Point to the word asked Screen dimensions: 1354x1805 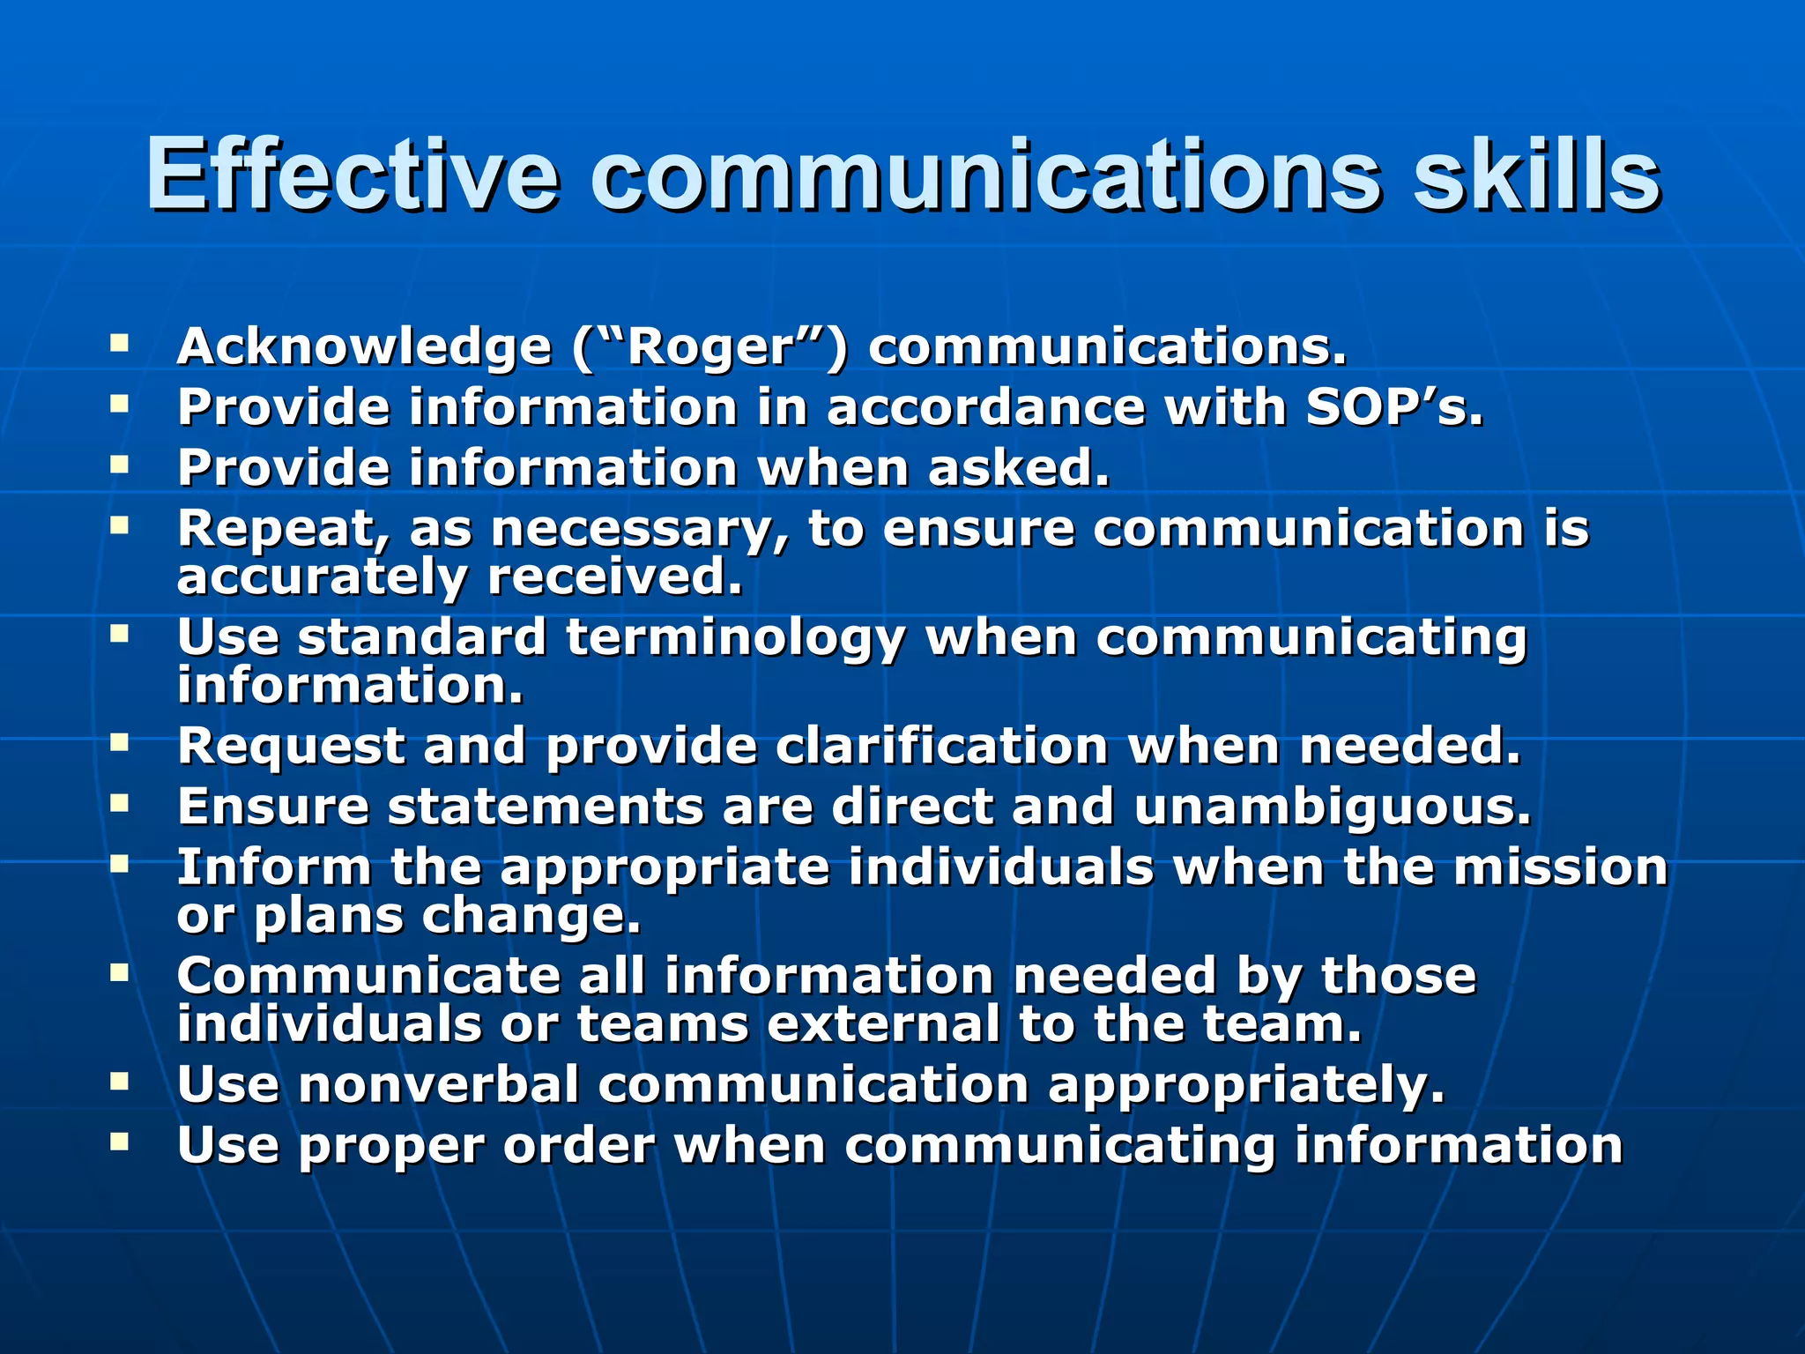(1019, 468)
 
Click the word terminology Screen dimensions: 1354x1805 (735, 637)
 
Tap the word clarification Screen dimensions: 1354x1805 (941, 747)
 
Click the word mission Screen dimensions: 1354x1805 (1560, 867)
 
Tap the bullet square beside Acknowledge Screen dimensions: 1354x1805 (120, 341)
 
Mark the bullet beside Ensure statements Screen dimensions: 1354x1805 (120, 801)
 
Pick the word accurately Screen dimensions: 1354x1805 (322, 578)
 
